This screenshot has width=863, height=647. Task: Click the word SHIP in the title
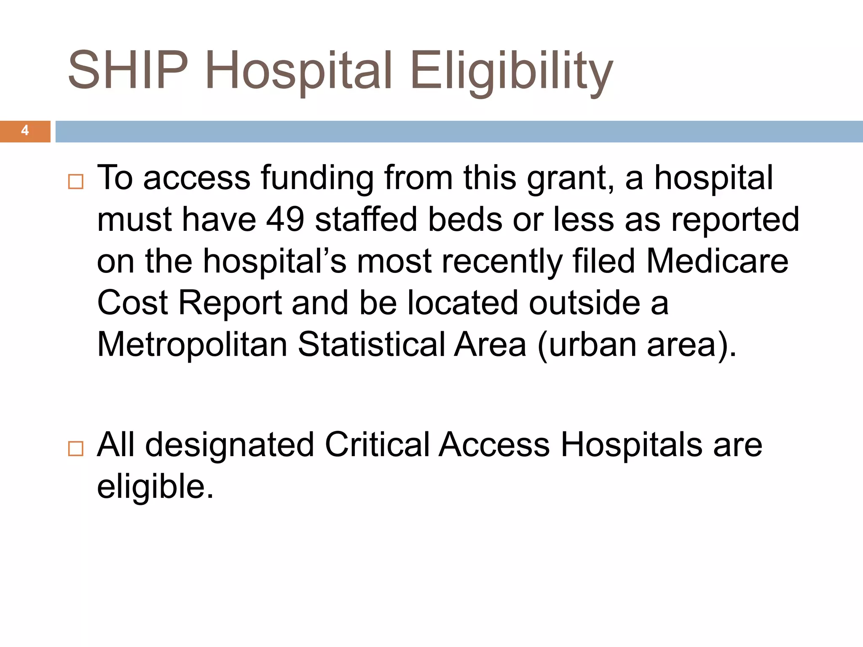point(128,70)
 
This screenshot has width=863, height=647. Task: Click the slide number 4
point(25,131)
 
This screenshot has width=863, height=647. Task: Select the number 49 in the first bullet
point(285,219)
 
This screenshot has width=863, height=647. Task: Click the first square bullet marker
point(76,182)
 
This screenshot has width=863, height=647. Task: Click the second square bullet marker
point(76,449)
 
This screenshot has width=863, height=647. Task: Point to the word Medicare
point(717,261)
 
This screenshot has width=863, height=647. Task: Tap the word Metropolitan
point(192,345)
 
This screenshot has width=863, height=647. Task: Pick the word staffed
point(366,219)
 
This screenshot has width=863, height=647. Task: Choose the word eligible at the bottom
point(155,487)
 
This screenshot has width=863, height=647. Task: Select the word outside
point(584,303)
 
